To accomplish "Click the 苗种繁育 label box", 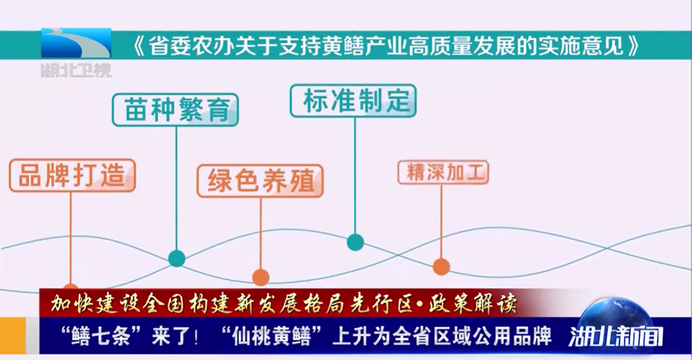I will click(x=175, y=111).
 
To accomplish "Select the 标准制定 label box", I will click(x=354, y=100).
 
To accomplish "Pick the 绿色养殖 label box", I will click(x=260, y=181).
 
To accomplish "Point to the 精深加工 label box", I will click(x=443, y=172).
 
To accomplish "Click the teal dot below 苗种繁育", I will click(x=176, y=258).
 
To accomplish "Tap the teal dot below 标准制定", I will click(x=355, y=242).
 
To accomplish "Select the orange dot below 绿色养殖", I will click(x=260, y=277).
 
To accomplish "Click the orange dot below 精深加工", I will click(x=441, y=267).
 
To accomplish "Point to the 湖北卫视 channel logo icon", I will click(x=77, y=44).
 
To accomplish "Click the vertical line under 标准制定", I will click(x=355, y=176).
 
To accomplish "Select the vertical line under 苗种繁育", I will click(x=176, y=188).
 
